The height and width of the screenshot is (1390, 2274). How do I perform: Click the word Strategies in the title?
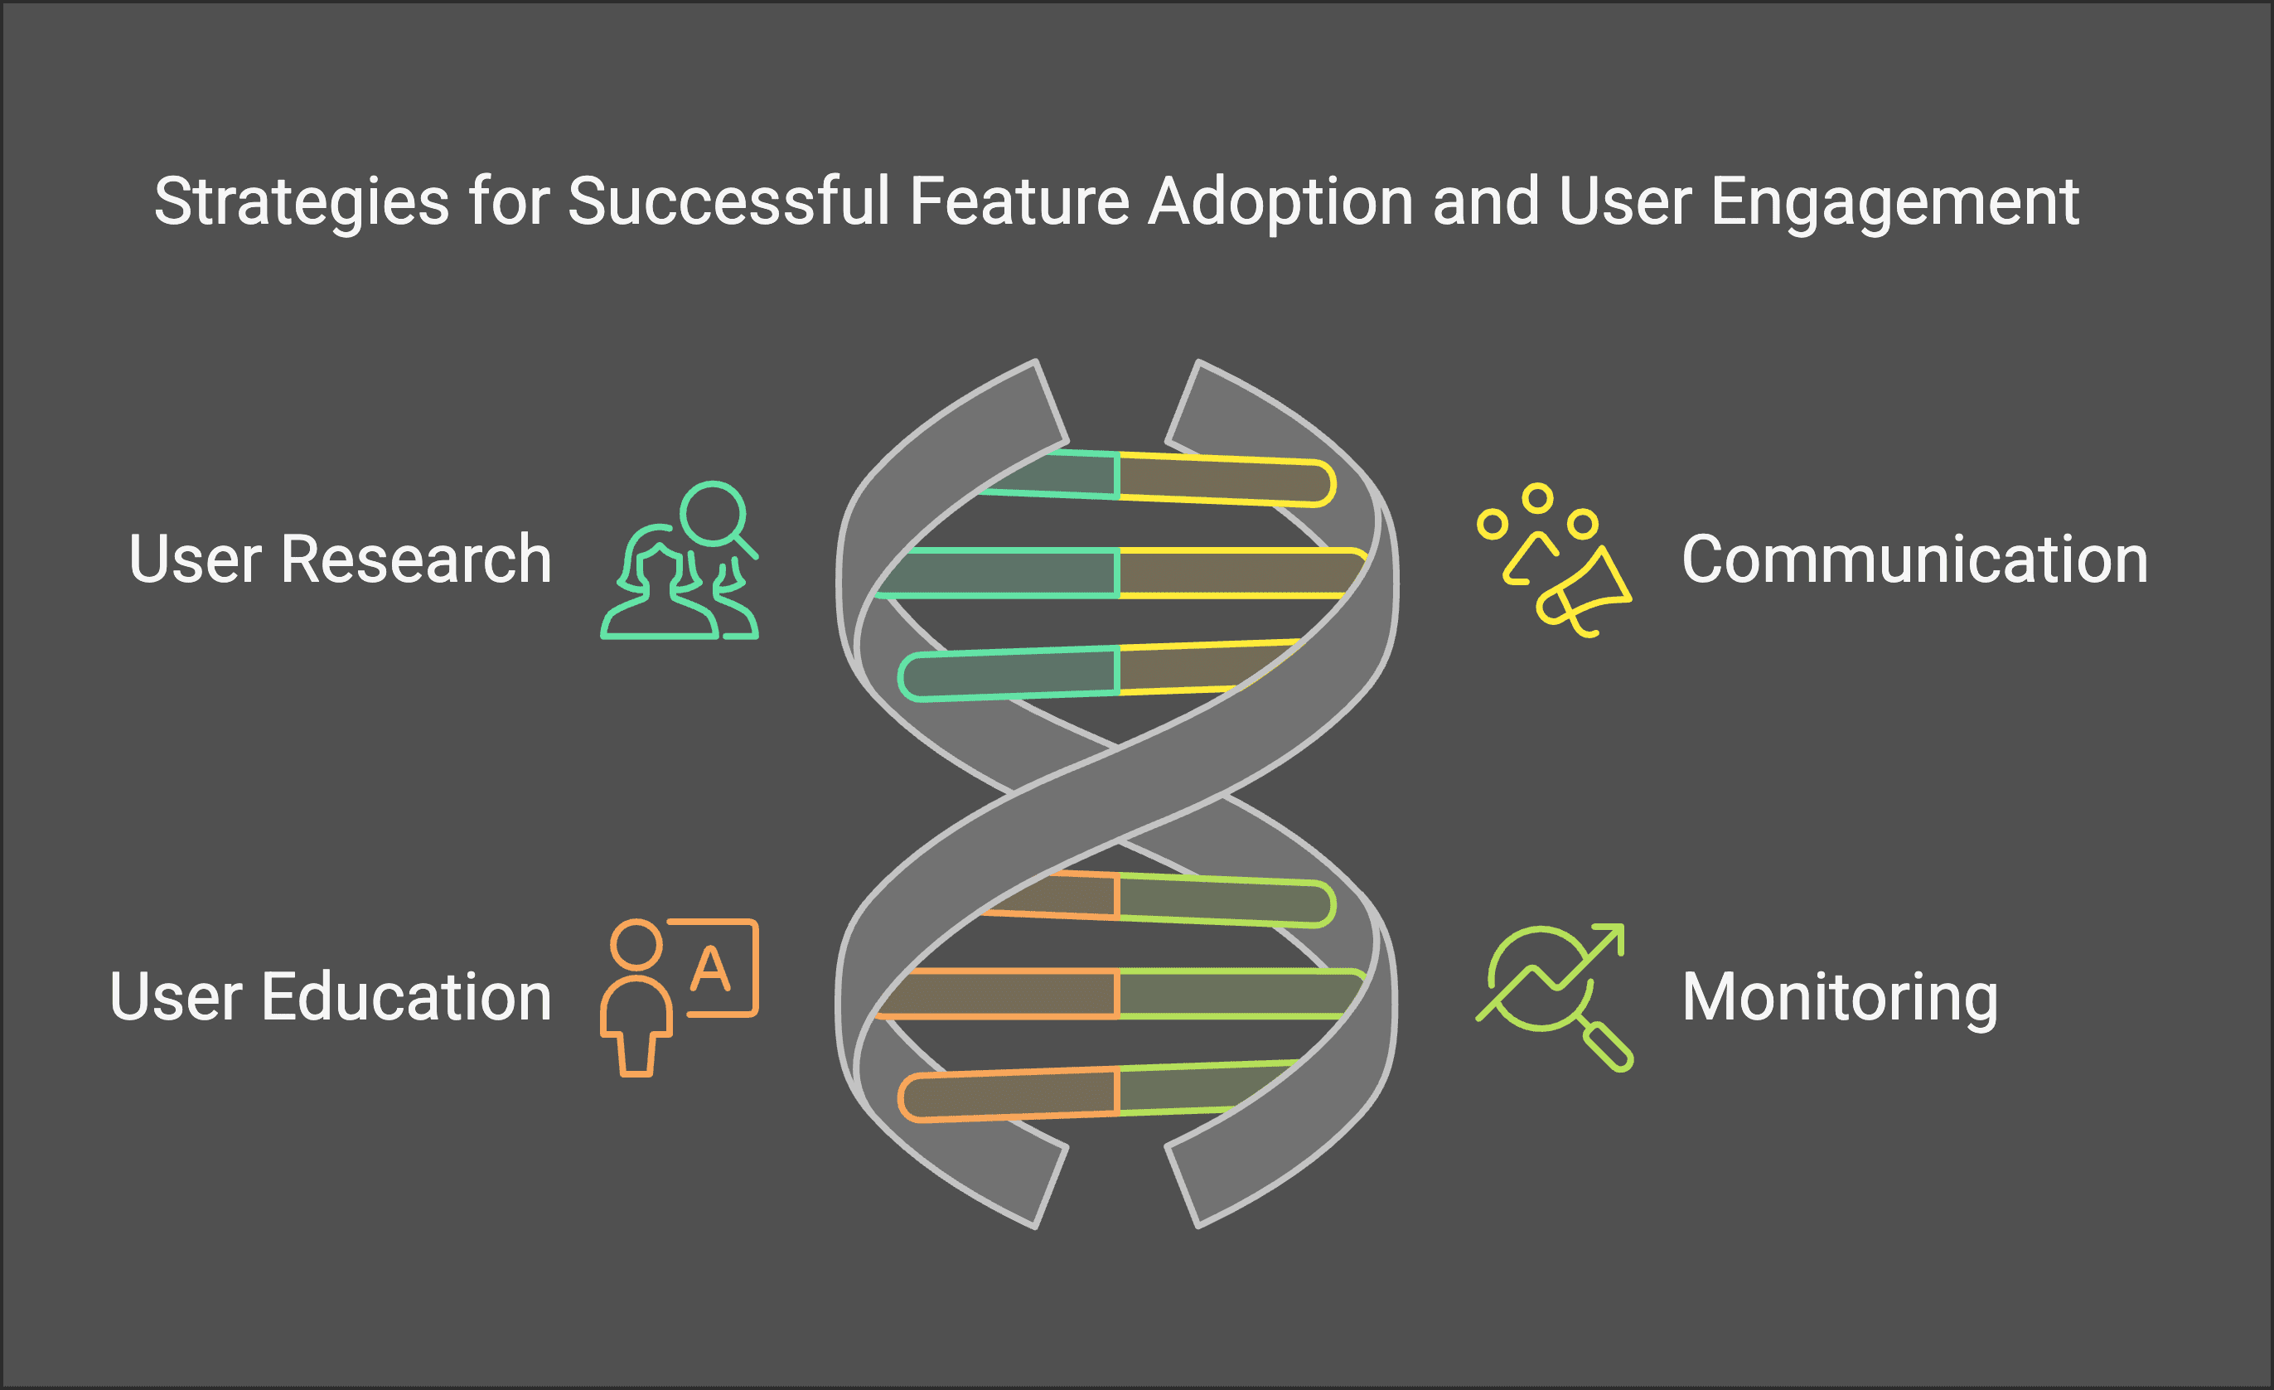(301, 201)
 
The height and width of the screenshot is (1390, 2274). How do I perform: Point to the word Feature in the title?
(1020, 201)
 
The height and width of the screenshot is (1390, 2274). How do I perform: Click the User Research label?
(340, 559)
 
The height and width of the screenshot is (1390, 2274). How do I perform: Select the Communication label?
(1914, 559)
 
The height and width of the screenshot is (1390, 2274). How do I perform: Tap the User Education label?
(331, 997)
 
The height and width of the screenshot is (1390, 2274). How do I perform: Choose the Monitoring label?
(1839, 997)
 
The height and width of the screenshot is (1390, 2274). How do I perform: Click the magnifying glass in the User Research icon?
(714, 513)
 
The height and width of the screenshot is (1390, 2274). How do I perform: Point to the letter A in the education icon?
(711, 969)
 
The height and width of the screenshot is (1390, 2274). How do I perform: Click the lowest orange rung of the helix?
(1010, 1095)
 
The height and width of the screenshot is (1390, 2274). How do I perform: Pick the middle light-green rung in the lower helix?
(1236, 993)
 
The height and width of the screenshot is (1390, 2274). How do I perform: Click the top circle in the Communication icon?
(1536, 498)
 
